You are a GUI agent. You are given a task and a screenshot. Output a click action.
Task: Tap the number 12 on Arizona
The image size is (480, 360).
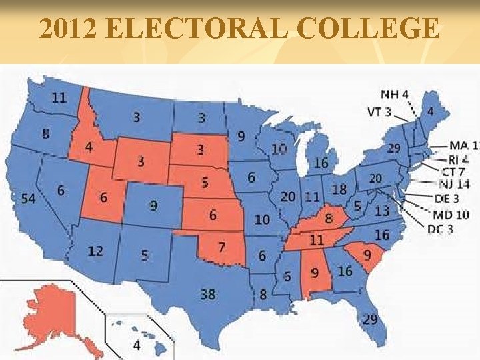(95, 251)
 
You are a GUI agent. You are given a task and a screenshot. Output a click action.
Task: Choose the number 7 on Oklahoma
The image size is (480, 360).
(221, 247)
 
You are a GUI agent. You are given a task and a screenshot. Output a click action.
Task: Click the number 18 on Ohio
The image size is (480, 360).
(339, 190)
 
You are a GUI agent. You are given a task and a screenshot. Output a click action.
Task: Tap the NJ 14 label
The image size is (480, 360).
(455, 184)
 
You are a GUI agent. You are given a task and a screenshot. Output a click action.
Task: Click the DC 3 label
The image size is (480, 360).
(441, 230)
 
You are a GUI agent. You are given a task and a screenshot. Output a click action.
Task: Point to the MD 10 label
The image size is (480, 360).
(451, 214)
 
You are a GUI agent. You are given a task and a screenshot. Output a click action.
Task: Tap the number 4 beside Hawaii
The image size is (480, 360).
(136, 345)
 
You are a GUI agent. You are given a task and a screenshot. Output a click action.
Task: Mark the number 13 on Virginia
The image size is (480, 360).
(382, 211)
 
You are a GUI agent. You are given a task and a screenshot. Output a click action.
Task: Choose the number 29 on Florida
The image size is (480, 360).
(369, 319)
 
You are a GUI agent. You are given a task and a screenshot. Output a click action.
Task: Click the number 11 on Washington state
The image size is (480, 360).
(59, 97)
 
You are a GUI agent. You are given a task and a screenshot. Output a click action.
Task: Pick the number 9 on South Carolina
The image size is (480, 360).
(367, 256)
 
